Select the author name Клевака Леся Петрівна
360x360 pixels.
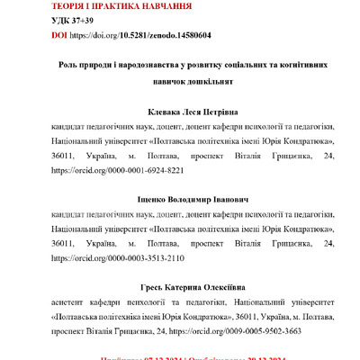pyautogui.click(x=180, y=114)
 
